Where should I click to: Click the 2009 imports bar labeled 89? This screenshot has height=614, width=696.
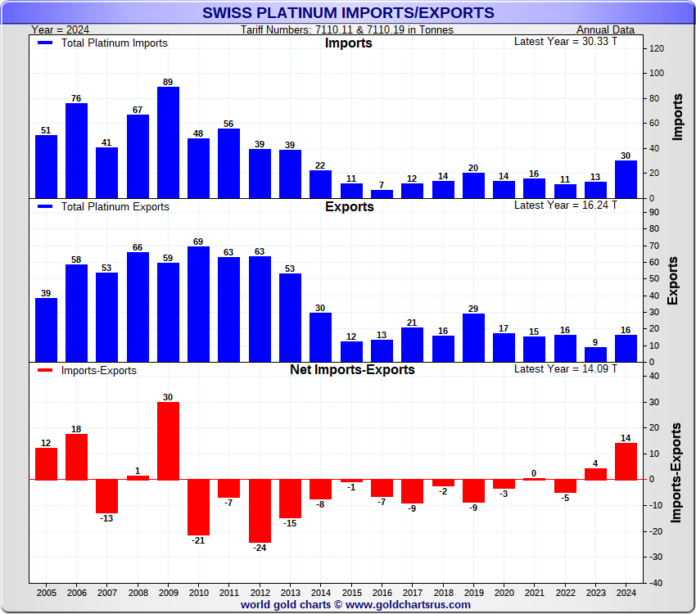point(168,142)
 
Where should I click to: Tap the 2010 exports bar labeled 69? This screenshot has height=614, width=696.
point(198,304)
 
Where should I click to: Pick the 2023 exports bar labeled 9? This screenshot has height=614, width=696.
point(595,354)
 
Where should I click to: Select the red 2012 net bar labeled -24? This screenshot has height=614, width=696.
point(260,511)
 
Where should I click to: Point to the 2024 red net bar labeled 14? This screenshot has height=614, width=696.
point(626,461)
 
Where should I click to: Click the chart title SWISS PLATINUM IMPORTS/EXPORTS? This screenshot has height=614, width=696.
point(348,12)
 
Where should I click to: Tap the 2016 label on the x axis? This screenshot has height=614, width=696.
point(382,591)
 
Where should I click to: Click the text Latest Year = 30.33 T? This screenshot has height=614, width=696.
point(565,42)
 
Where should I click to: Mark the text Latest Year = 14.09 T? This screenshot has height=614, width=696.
point(565,369)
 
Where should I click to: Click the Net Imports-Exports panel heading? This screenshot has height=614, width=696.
point(352,370)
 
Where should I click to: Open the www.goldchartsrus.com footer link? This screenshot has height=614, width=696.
point(408,605)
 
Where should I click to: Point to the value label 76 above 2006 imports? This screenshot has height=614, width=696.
point(76,98)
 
